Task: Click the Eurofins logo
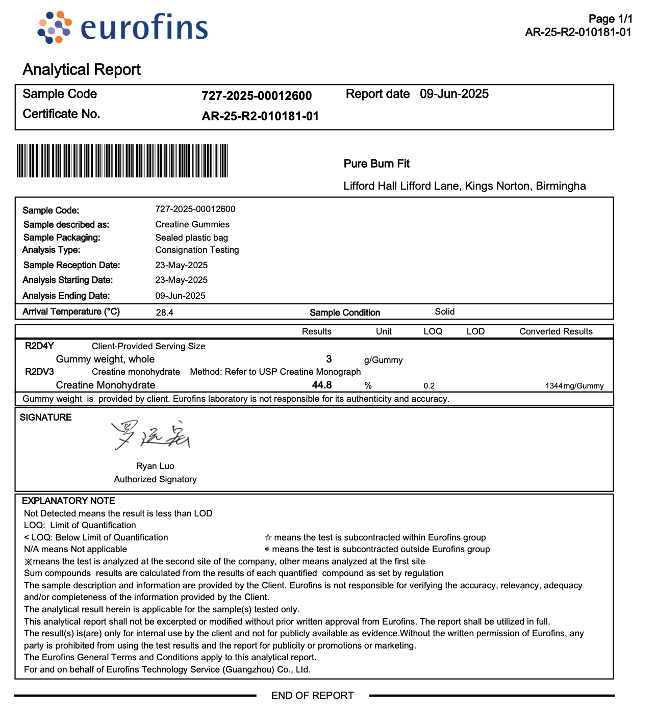pos(123,27)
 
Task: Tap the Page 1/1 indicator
pos(610,19)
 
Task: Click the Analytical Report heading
pos(82,69)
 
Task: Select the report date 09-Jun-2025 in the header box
pos(454,94)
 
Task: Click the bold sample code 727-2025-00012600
pos(257,96)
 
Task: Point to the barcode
pos(122,161)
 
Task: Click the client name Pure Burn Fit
pos(376,164)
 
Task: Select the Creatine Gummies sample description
pos(192,224)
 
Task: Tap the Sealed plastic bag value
pos(191,238)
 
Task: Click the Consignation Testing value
pos(197,250)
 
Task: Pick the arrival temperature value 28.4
pos(164,313)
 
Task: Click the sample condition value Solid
pos(444,312)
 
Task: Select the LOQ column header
pos(433,331)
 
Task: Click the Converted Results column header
pos(556,331)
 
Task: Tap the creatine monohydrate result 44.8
pos(322,385)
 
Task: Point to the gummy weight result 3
pos(329,359)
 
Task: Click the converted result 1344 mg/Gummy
pos(574,386)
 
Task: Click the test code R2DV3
pos(39,372)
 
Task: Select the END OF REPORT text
pos(312,695)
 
